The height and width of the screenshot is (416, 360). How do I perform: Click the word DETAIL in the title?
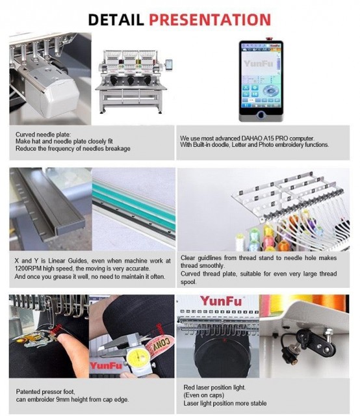(116, 19)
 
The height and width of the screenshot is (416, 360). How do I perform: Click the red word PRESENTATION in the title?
(210, 19)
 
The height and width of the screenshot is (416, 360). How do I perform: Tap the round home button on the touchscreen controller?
(261, 115)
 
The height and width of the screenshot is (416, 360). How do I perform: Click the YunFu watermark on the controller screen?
(257, 64)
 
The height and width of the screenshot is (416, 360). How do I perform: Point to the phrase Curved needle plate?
(43, 135)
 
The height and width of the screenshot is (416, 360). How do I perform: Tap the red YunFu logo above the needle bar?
(221, 301)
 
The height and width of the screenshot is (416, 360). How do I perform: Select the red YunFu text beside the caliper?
(105, 365)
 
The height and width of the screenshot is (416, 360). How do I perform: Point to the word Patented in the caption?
(28, 391)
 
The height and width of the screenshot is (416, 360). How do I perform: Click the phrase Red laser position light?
(214, 387)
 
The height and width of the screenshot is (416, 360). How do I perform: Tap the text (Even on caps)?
(203, 395)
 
